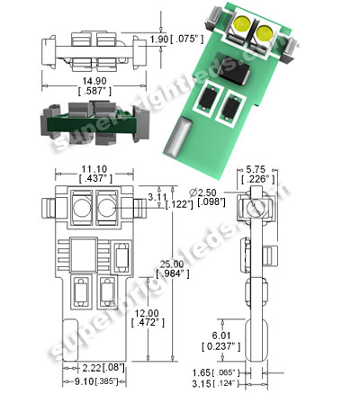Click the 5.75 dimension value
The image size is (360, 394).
(x=256, y=169)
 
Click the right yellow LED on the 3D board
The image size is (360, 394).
(x=265, y=35)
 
